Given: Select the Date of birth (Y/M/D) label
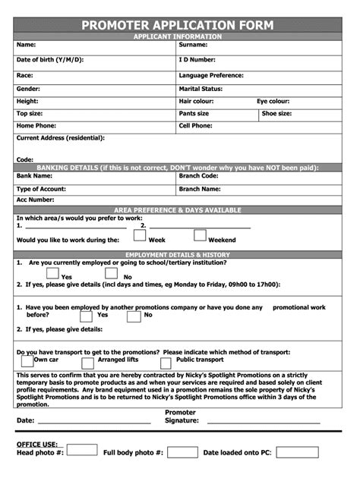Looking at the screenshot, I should [50, 59].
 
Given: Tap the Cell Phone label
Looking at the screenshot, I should [195, 125].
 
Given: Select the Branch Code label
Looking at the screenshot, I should [199, 175].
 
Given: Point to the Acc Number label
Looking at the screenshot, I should [36, 200].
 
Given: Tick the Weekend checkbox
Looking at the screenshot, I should [200, 236].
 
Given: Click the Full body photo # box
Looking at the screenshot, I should [182, 452].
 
